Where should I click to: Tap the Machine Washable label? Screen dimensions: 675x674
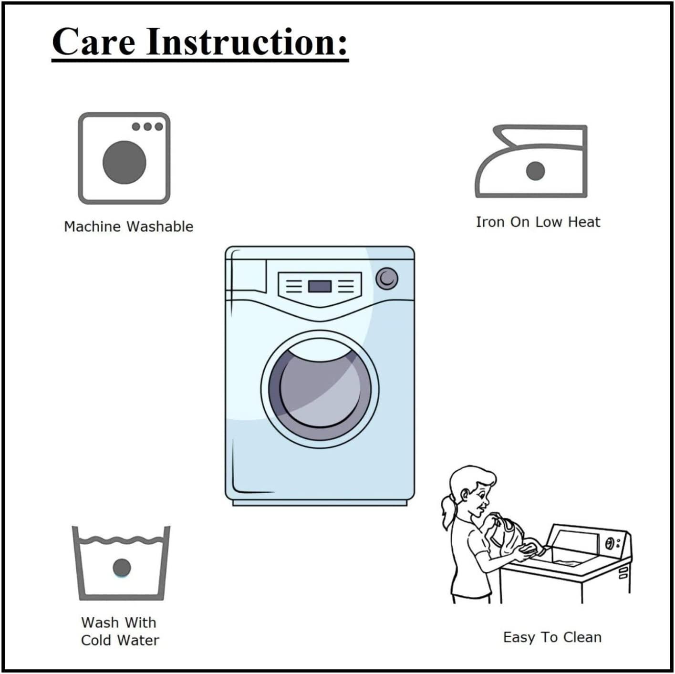pyautogui.click(x=128, y=227)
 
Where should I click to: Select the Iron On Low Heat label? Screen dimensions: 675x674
pyautogui.click(x=538, y=222)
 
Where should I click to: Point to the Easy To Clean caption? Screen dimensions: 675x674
pyautogui.click(x=552, y=637)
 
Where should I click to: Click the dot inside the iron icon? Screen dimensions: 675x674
pyautogui.click(x=535, y=171)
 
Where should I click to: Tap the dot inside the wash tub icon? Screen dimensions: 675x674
pyautogui.click(x=122, y=567)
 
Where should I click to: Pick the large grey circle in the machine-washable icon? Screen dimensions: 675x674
pyautogui.click(x=125, y=162)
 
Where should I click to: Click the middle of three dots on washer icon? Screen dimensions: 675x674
pyautogui.click(x=147, y=126)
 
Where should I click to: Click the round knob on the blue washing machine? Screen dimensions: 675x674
pyautogui.click(x=387, y=279)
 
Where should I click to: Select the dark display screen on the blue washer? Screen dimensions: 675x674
pyautogui.click(x=320, y=286)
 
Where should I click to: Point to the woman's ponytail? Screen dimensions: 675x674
pyautogui.click(x=447, y=512)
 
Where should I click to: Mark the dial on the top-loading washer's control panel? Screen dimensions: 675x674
pyautogui.click(x=609, y=543)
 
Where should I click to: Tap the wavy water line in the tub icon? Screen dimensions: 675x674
pyautogui.click(x=121, y=540)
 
